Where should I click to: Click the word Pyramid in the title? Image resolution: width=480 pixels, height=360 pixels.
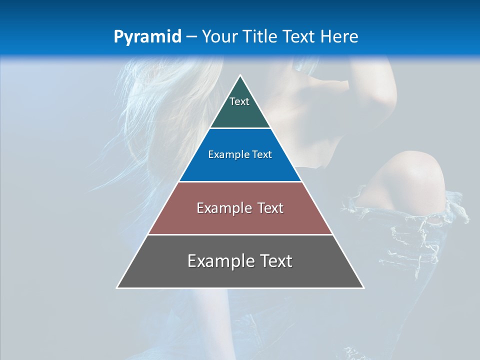point(147,37)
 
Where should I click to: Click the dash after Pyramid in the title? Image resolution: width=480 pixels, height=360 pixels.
point(191,37)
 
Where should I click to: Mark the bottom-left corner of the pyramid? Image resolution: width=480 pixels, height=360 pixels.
point(117,287)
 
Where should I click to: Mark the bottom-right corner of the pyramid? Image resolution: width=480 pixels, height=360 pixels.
point(363,287)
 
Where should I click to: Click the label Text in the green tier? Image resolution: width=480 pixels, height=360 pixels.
point(239,101)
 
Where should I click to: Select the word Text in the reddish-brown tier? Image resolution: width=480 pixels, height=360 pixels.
point(269,208)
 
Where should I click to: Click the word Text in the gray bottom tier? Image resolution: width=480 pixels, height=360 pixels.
point(275,261)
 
